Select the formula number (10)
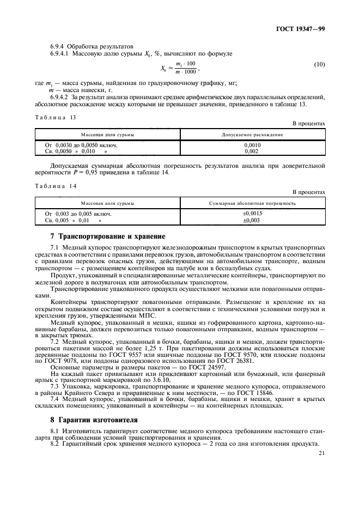(320, 65)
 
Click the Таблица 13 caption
(56, 117)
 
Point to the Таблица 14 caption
(56, 186)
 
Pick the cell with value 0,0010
(252, 145)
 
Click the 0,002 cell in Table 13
(252, 151)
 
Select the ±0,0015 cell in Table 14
(252, 214)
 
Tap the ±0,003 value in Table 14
(252, 220)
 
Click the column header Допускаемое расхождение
(252, 134)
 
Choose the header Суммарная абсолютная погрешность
(252, 203)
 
